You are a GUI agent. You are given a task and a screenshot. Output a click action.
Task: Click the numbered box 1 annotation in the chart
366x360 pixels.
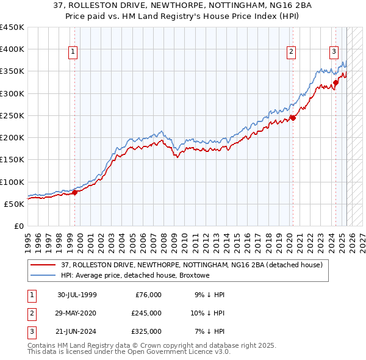pyautogui.click(x=73, y=52)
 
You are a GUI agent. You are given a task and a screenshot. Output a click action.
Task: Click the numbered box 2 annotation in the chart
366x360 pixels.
pyautogui.click(x=292, y=52)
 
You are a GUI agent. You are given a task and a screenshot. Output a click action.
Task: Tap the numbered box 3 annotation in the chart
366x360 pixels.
pyautogui.click(x=334, y=52)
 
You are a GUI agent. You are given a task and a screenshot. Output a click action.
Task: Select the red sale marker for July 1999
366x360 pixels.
pyautogui.click(x=75, y=192)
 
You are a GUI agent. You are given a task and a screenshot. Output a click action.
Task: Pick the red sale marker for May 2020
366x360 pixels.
pyautogui.click(x=293, y=118)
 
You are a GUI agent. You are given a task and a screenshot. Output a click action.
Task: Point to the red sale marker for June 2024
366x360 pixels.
pyautogui.click(x=335, y=82)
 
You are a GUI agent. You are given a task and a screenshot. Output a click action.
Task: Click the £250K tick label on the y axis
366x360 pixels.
pyautogui.click(x=12, y=115)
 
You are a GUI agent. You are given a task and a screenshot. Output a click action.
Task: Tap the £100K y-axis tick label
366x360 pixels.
pyautogui.click(x=12, y=182)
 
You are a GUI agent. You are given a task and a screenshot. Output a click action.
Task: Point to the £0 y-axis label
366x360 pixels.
pyautogui.click(x=19, y=226)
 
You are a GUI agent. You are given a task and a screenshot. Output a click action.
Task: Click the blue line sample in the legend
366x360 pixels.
pyautogui.click(x=43, y=276)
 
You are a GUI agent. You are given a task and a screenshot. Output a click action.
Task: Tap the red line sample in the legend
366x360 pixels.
pyautogui.click(x=43, y=265)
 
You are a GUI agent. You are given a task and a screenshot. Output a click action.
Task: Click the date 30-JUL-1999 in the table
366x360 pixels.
pyautogui.click(x=77, y=295)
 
